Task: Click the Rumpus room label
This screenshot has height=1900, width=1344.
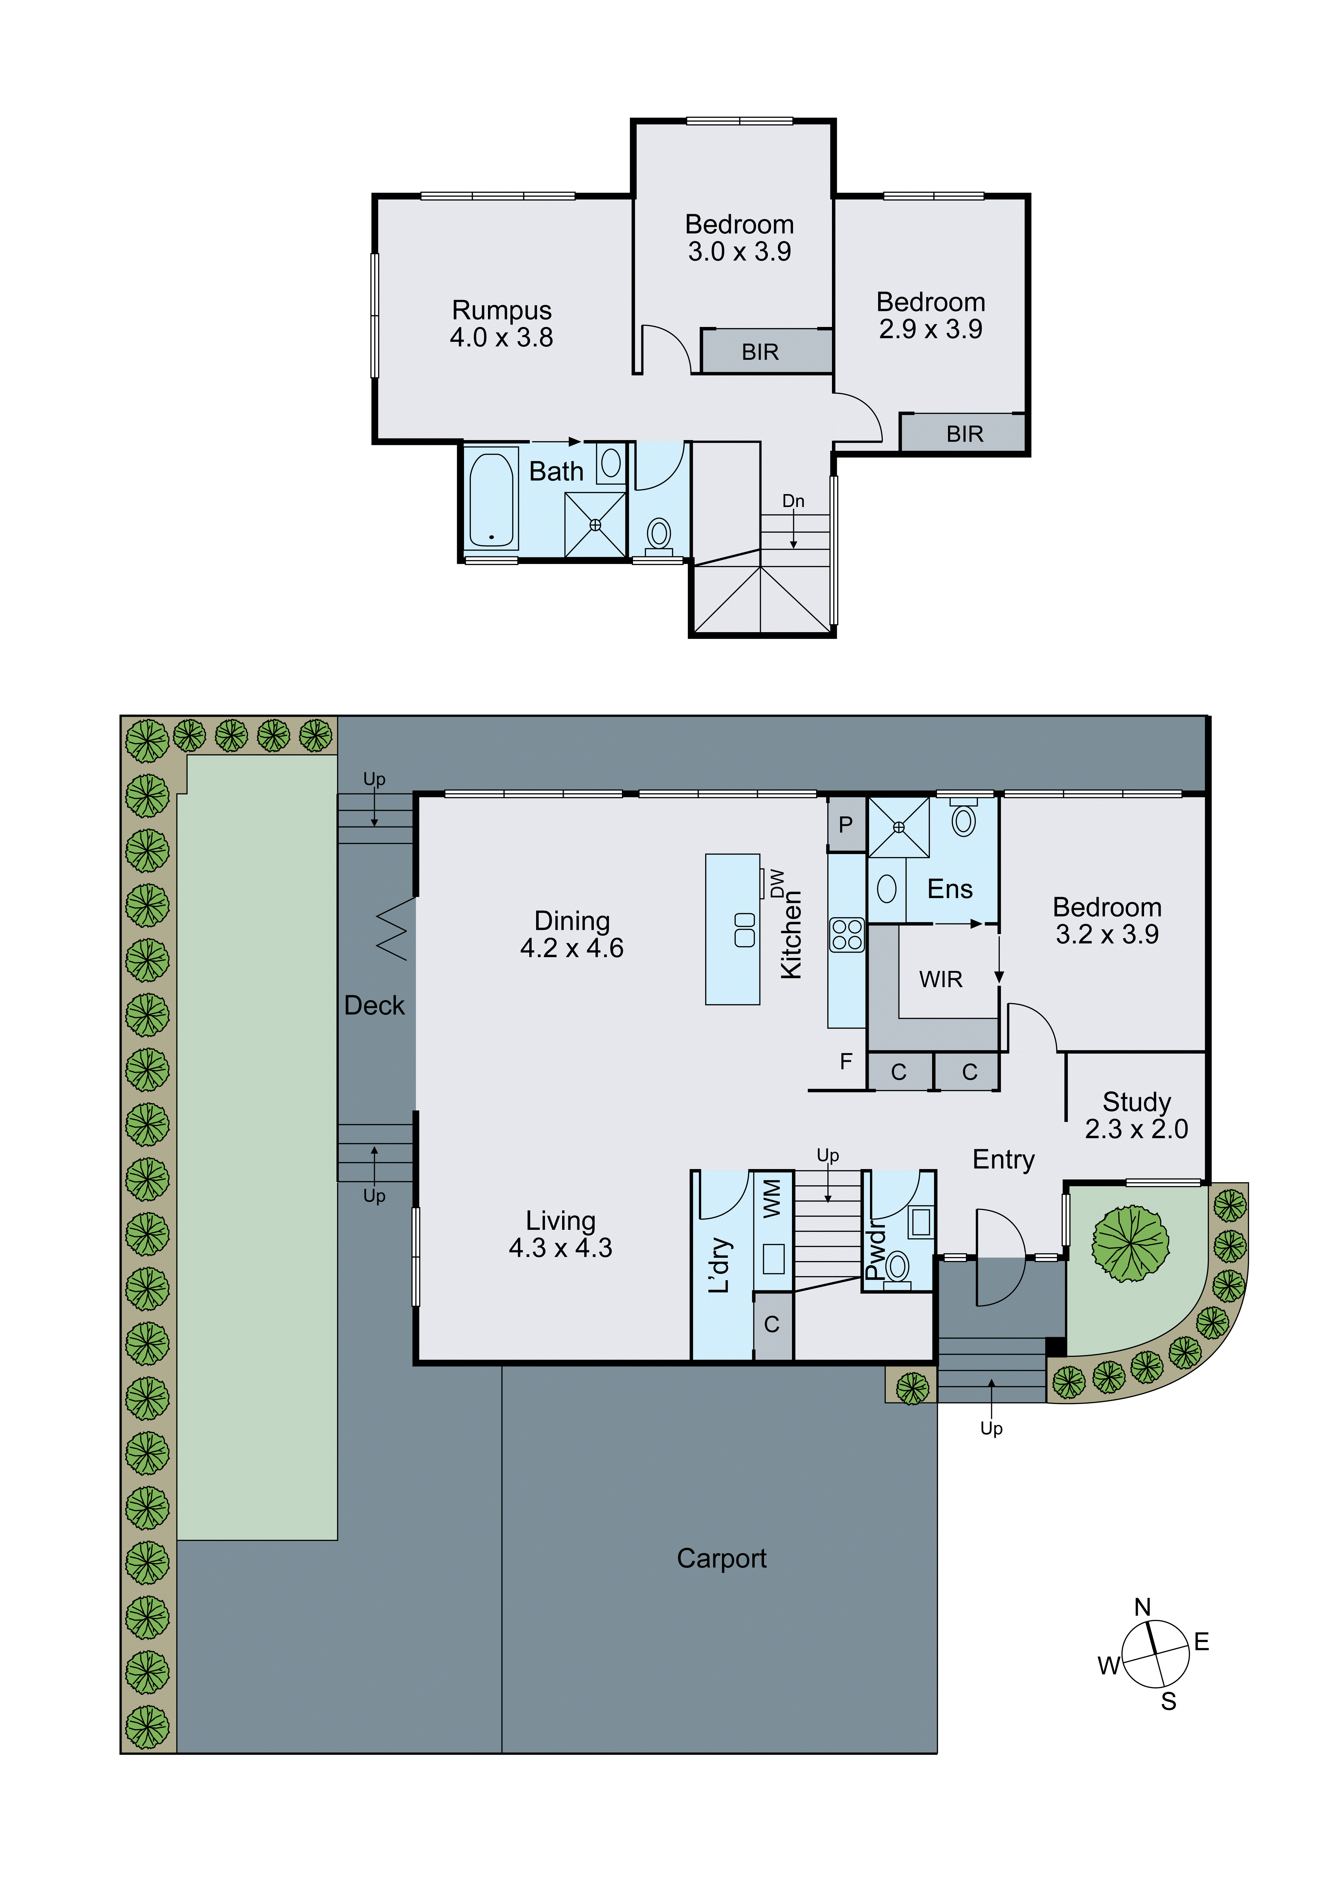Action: pyautogui.click(x=502, y=310)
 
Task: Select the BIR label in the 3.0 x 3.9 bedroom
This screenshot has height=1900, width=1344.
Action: pyautogui.click(x=760, y=353)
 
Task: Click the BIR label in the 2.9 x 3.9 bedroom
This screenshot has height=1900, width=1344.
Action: pyautogui.click(x=964, y=434)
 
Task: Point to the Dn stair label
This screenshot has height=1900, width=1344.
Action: pyautogui.click(x=793, y=501)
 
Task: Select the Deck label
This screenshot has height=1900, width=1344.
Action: pyautogui.click(x=374, y=1006)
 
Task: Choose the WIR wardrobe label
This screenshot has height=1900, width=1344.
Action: pyautogui.click(x=941, y=980)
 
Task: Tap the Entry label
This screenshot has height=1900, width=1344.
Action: pyautogui.click(x=1003, y=1159)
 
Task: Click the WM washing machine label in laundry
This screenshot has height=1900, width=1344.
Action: pyautogui.click(x=771, y=1198)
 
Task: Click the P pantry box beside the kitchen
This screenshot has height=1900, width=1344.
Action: pyautogui.click(x=846, y=824)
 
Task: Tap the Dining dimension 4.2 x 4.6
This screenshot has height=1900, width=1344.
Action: pyautogui.click(x=572, y=948)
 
